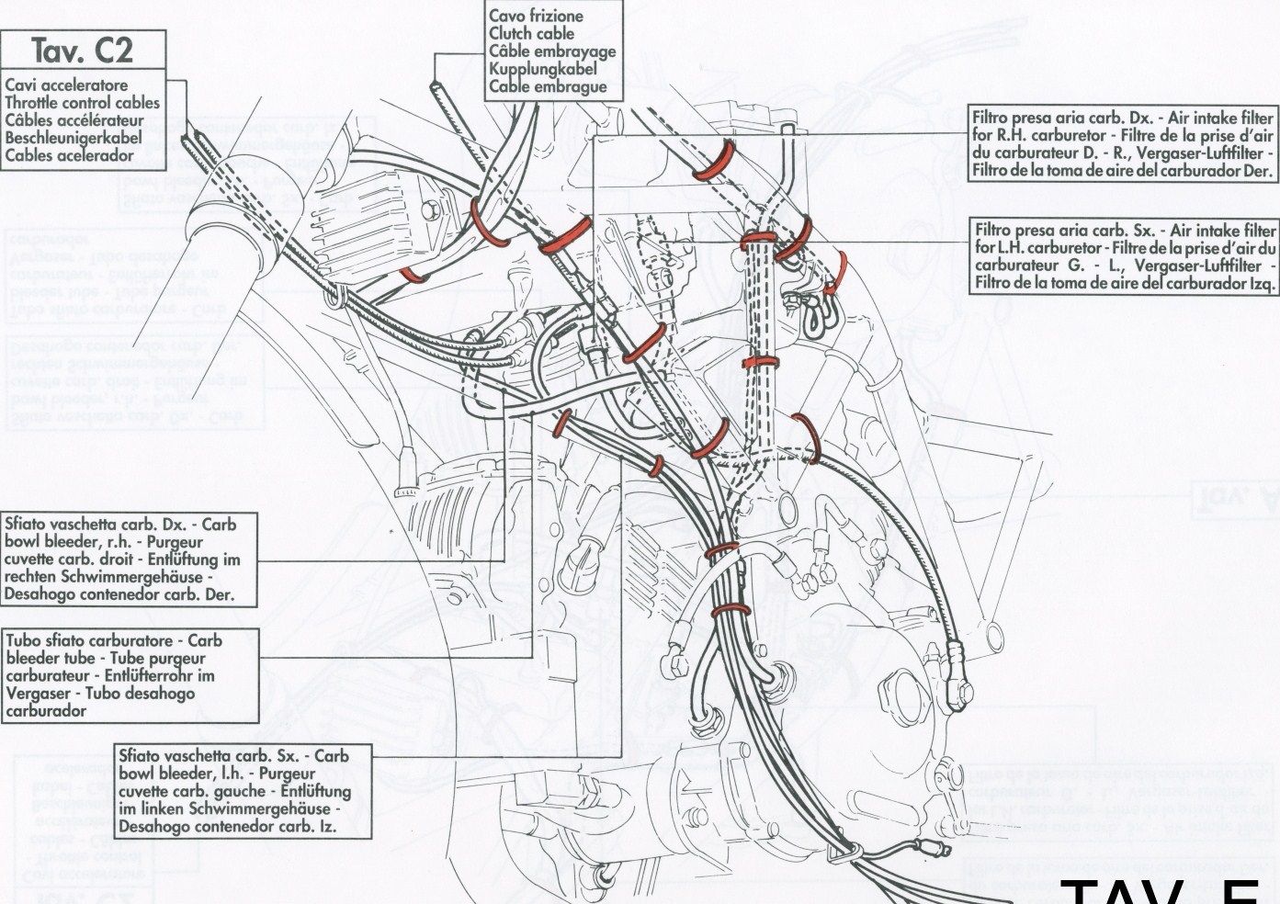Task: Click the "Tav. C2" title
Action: click(x=83, y=50)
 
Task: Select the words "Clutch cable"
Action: click(x=531, y=34)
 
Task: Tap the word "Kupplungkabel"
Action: click(x=542, y=69)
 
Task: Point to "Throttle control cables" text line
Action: click(x=83, y=103)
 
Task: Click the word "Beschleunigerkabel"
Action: click(x=74, y=138)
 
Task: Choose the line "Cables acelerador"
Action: click(x=69, y=155)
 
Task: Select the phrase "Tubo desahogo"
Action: click(x=139, y=693)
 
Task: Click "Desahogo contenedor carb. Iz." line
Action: click(x=227, y=826)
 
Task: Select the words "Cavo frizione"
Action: click(x=536, y=17)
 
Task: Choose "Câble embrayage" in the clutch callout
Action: click(x=551, y=51)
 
